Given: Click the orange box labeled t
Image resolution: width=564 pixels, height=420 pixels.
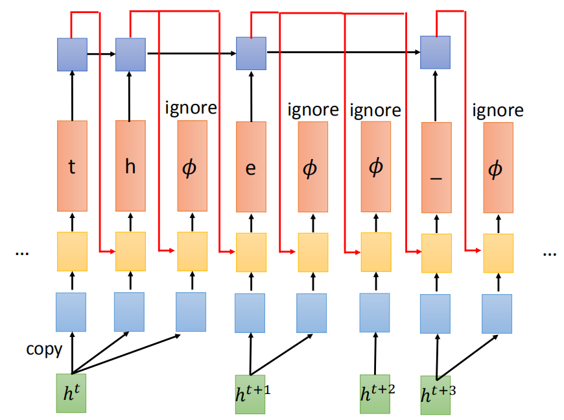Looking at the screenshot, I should click(72, 166).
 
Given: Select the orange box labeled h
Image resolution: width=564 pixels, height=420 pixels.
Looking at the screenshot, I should click(130, 166).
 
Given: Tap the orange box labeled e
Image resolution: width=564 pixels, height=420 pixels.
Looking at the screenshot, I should click(251, 167).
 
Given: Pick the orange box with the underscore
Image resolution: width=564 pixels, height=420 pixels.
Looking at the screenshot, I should click(436, 167).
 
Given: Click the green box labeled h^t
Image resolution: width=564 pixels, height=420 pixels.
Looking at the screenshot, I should click(71, 393).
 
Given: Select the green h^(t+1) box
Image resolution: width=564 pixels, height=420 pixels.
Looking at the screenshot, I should click(250, 394).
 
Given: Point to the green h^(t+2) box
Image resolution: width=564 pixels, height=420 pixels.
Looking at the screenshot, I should click(375, 394).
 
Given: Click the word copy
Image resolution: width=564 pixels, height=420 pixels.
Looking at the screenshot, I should click(44, 349).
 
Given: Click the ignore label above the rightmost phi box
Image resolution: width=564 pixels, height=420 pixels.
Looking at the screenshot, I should click(498, 110).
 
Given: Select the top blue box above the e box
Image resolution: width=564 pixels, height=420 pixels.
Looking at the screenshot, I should click(250, 53).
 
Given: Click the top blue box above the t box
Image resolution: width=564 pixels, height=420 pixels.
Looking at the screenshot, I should click(72, 54).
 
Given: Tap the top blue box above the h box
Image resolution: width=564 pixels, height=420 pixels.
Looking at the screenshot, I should click(130, 54).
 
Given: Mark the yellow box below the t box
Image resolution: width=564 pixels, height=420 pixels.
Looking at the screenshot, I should click(72, 251).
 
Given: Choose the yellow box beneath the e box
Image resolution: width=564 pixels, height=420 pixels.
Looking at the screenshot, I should click(250, 252).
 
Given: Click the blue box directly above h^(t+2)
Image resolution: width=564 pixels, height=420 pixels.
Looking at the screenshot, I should click(375, 313).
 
